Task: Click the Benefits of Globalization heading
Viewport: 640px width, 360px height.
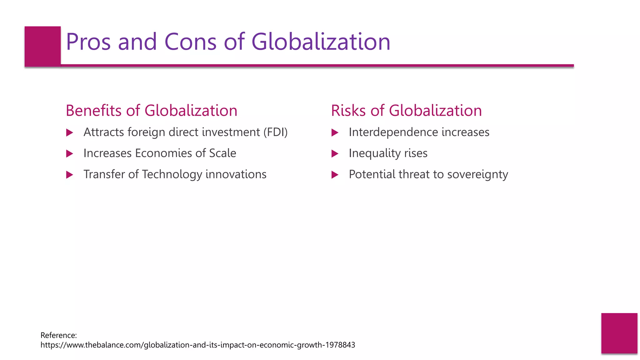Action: point(152,111)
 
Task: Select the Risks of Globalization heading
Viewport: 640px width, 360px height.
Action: point(406,111)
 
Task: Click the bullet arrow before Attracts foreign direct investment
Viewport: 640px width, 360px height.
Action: point(70,133)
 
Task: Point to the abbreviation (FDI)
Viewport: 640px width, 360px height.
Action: point(275,132)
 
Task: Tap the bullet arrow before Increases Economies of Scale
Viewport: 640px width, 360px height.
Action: point(70,154)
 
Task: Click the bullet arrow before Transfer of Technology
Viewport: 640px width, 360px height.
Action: point(70,175)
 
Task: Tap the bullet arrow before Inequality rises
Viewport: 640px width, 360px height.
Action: point(335,154)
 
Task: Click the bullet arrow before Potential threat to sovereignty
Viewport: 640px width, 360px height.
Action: point(335,175)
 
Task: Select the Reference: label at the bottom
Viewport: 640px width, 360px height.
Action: point(59,335)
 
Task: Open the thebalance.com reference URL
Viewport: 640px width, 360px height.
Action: point(197,345)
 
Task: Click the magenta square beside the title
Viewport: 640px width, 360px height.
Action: point(42,46)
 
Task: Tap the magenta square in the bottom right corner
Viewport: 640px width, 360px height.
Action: point(619,333)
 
